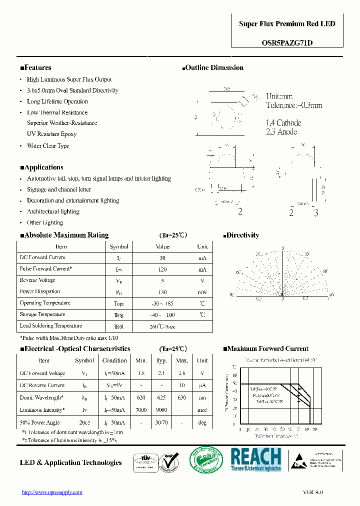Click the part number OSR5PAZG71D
287,42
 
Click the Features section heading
35,67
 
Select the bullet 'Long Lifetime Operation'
57,101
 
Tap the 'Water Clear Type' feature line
48,146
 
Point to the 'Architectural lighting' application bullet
53,211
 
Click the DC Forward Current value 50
162,257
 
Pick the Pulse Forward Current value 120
162,269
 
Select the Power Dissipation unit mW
201,292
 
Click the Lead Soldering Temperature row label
50,326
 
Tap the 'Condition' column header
114,360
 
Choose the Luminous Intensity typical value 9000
161,410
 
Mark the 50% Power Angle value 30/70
161,422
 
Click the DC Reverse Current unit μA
202,385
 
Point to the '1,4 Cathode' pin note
283,123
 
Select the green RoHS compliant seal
206,459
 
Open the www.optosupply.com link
52,492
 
